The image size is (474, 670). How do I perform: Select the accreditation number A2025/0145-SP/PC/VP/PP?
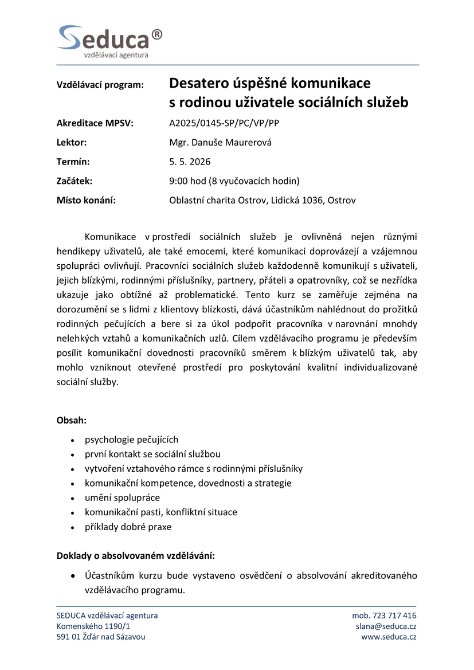(x=224, y=123)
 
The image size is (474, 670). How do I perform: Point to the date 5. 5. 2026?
(x=190, y=162)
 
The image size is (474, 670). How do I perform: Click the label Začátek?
(x=75, y=181)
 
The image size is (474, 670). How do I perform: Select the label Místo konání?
(x=86, y=201)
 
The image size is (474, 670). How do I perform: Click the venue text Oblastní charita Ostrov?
(x=217, y=201)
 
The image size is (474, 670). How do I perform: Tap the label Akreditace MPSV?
(x=95, y=123)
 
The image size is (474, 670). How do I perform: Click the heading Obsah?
(x=72, y=420)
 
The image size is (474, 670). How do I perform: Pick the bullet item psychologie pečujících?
(x=131, y=440)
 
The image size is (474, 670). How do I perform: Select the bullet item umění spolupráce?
(x=122, y=497)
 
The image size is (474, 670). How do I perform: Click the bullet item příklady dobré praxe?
(x=128, y=527)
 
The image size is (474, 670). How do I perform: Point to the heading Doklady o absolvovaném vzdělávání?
(x=136, y=555)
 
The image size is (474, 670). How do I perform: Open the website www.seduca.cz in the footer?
(x=389, y=637)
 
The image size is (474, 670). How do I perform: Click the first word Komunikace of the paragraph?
(x=110, y=237)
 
